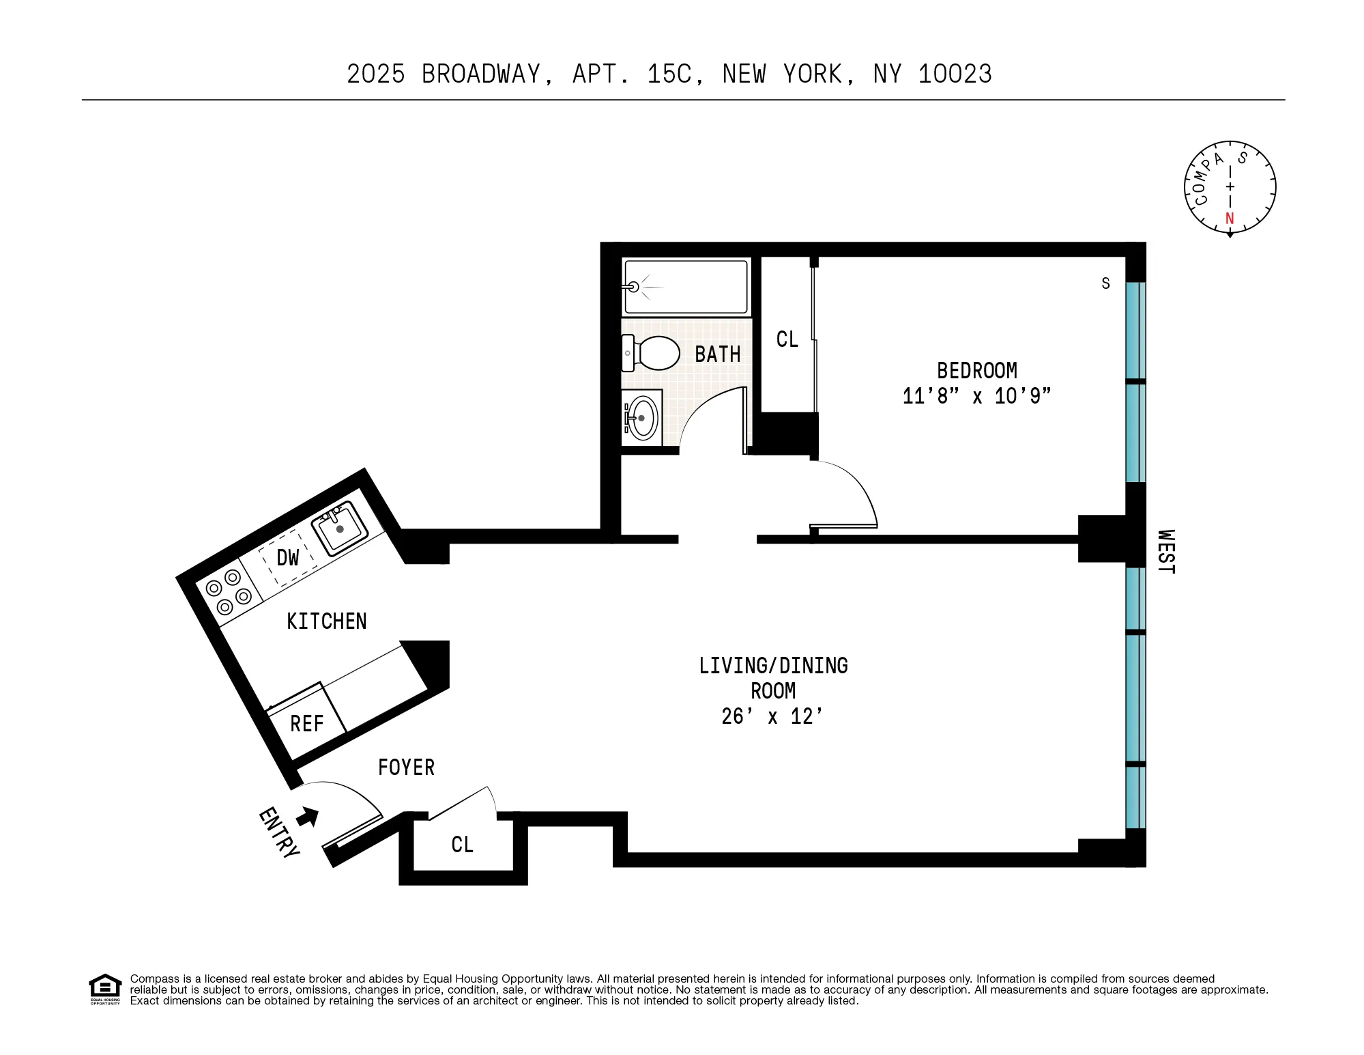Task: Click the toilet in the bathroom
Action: tap(653, 353)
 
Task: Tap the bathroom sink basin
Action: tap(642, 418)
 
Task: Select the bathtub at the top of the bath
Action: tap(686, 287)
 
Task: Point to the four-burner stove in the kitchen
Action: tap(229, 592)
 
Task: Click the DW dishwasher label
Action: tap(288, 558)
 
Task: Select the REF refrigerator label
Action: tap(306, 724)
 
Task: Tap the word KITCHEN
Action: tap(326, 621)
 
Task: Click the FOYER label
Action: tap(406, 768)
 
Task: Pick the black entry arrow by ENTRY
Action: tap(308, 816)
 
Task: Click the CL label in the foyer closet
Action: tap(462, 845)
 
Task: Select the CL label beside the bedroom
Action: tap(787, 339)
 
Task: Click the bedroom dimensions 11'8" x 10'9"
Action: tap(976, 396)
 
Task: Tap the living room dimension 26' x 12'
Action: tap(772, 716)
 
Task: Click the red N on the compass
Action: tap(1230, 219)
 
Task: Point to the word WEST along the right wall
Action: tap(1166, 552)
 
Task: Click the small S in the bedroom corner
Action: tap(1105, 283)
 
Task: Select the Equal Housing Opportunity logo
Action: tap(105, 989)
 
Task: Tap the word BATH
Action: tap(717, 354)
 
